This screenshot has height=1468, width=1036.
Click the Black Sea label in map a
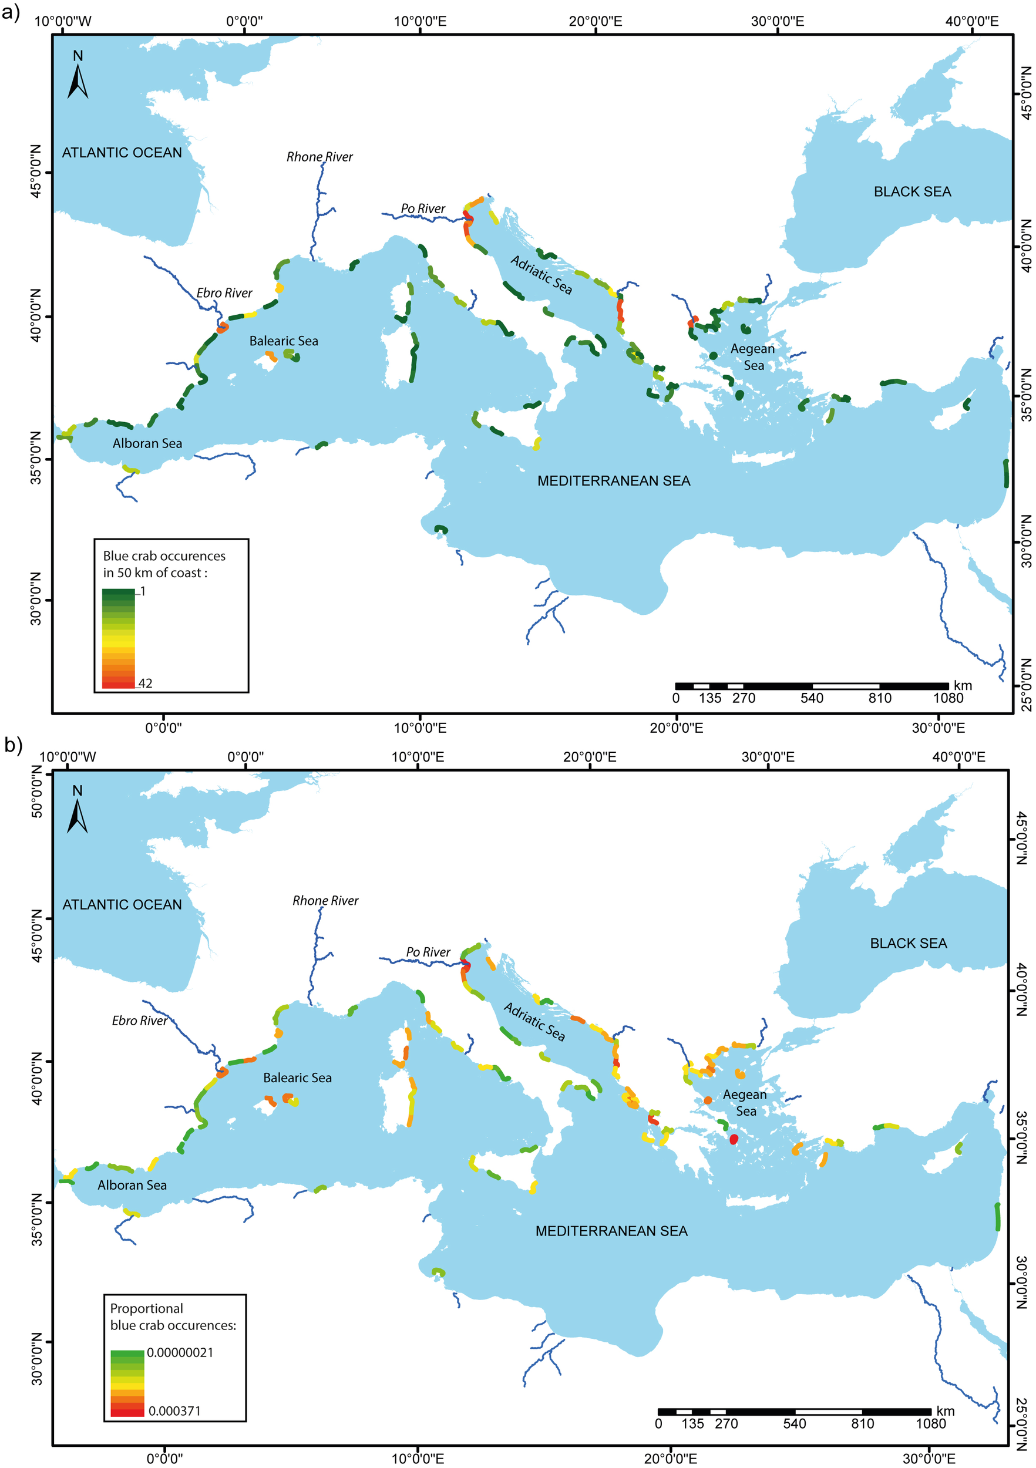912,192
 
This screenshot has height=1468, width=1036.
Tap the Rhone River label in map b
325,900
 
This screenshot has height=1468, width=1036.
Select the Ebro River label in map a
224,293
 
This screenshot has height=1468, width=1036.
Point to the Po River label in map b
428,952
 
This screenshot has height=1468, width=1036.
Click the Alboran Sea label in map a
147,444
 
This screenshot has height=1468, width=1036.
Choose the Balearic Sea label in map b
297,1078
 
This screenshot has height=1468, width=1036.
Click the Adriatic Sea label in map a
541,275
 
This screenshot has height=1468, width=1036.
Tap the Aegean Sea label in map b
745,1102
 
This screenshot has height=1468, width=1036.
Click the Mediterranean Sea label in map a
613,481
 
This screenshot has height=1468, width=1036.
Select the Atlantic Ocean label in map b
122,905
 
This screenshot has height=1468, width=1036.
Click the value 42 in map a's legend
145,684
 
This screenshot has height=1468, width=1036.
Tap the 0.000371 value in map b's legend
174,1410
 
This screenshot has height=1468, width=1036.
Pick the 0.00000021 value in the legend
180,1352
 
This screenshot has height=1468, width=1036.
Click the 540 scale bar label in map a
812,698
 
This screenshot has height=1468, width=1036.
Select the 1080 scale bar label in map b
930,1424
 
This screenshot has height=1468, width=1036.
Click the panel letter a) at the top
12,12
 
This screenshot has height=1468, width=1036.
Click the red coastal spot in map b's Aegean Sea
734,1139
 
